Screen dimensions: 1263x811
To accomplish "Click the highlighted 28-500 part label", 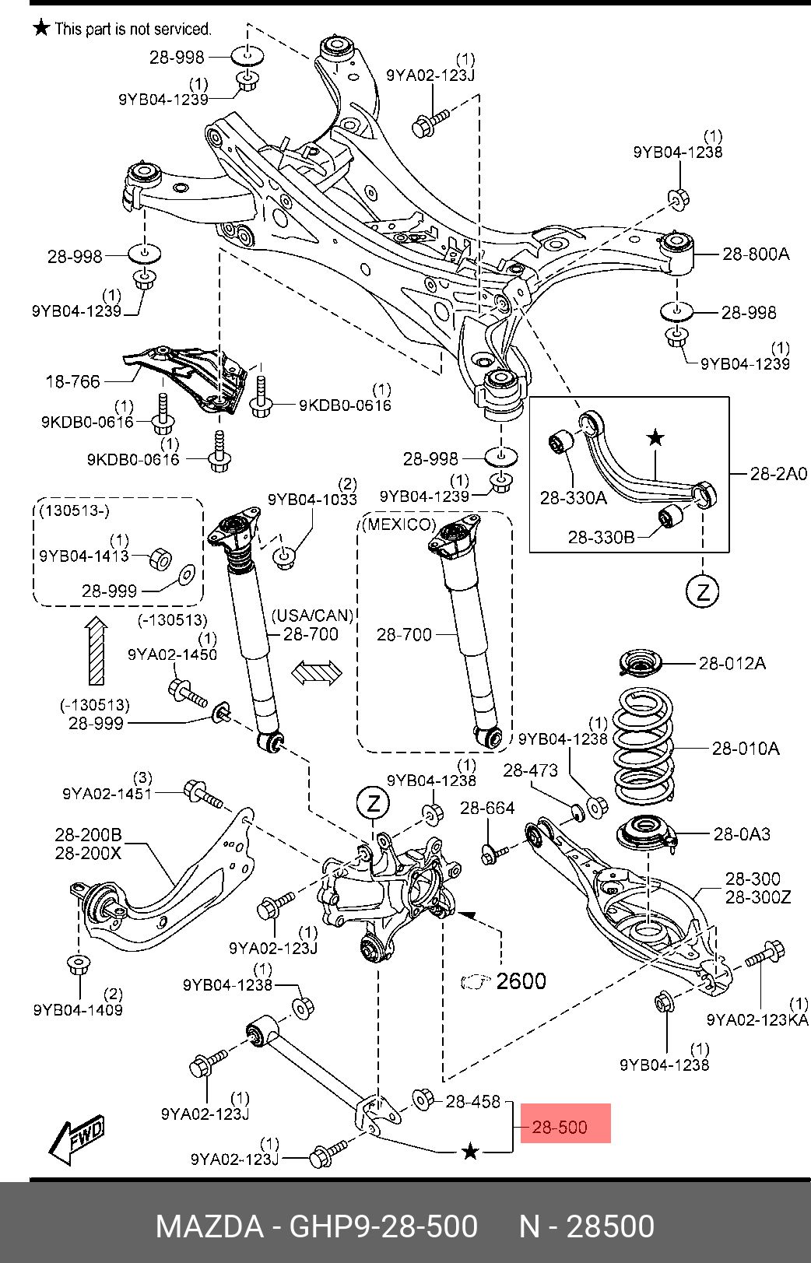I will click(x=560, y=1126).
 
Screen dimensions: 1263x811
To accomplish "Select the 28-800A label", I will click(x=755, y=254).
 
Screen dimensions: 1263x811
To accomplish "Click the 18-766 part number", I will click(x=73, y=381).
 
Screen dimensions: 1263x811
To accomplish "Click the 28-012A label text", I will click(x=732, y=663).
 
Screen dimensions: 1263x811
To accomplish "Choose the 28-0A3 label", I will click(x=742, y=833).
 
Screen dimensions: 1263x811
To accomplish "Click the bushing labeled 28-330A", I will click(x=560, y=444).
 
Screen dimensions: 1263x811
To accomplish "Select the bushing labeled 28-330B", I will click(x=670, y=514).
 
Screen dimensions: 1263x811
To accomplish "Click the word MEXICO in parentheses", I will click(x=398, y=524).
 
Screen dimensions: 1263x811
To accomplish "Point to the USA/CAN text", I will click(x=312, y=616).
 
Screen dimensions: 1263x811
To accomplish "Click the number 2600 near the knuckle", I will click(x=521, y=981).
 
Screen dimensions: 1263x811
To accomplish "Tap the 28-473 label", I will click(x=530, y=770).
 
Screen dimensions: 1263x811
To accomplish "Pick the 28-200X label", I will click(x=88, y=853).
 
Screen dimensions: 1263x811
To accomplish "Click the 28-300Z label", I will click(x=758, y=896).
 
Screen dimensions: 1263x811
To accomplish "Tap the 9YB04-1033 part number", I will click(x=312, y=499).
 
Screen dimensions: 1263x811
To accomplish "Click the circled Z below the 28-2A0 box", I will click(x=703, y=592).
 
